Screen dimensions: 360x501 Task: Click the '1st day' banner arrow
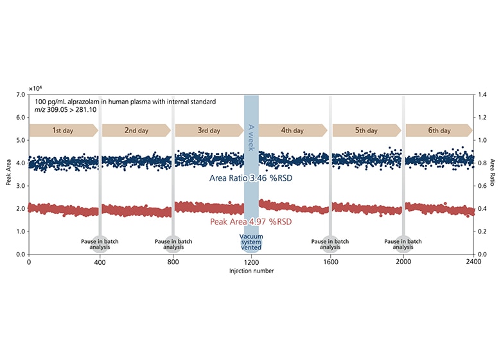click(64, 130)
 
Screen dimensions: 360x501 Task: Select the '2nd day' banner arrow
click(136, 130)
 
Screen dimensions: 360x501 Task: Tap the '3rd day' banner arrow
click(209, 130)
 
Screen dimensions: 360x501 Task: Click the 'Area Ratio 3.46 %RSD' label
click(252, 177)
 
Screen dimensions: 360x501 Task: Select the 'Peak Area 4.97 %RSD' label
click(252, 222)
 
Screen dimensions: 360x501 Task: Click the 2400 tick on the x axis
click(473, 262)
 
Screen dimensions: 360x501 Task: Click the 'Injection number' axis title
click(251, 271)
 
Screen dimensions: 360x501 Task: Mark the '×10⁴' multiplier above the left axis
click(36, 86)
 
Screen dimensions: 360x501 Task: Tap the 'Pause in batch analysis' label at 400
click(100, 244)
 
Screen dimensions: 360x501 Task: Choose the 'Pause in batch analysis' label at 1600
click(330, 244)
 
